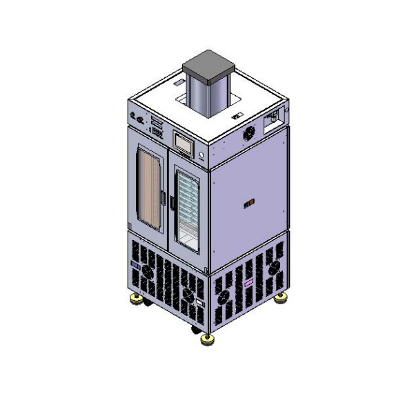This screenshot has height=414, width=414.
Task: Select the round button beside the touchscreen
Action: click(x=202, y=154)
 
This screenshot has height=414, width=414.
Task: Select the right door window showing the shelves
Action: click(x=188, y=206)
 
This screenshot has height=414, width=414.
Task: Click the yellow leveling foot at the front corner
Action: click(x=207, y=339)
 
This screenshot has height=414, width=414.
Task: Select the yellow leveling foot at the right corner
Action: click(x=281, y=297)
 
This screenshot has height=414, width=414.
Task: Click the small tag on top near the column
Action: click(x=236, y=117)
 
